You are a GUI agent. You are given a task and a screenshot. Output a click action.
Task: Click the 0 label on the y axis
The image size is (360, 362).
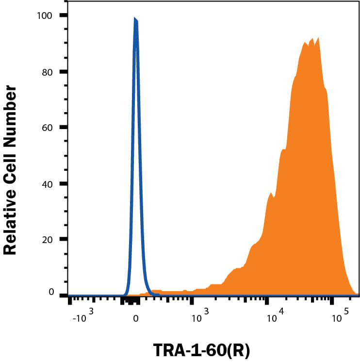(49, 292)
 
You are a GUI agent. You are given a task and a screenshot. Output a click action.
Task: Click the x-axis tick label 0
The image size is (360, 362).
(135, 318)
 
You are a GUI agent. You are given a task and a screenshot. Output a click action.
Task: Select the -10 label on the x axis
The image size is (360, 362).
(80, 319)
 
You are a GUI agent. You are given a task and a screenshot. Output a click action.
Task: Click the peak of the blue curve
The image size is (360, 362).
(135, 19)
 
